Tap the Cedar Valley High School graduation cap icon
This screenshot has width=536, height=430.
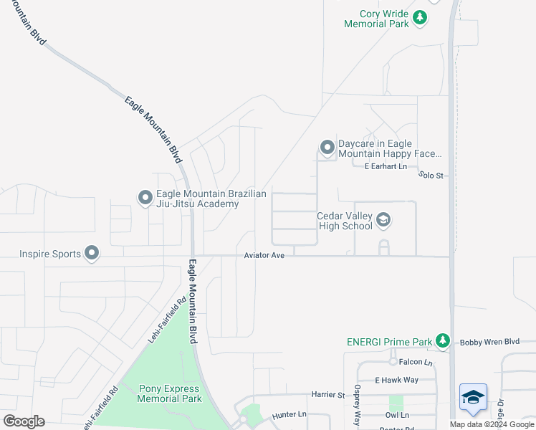pyautogui.click(x=383, y=220)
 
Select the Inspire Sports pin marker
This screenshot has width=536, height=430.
pyautogui.click(x=92, y=253)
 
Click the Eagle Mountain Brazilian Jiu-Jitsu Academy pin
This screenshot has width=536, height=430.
pyautogui.click(x=145, y=196)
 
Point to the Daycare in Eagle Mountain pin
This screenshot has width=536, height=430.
pyautogui.click(x=327, y=148)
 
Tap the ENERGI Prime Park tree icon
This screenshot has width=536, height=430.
pyautogui.click(x=444, y=340)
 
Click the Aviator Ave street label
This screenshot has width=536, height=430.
pyautogui.click(x=264, y=255)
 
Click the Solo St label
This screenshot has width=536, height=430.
pyautogui.click(x=432, y=175)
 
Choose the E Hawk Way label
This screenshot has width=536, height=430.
pyautogui.click(x=396, y=380)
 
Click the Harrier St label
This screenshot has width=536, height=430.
pyautogui.click(x=328, y=394)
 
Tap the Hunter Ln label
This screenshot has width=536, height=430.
pyautogui.click(x=289, y=415)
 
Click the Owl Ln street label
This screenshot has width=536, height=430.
pyautogui.click(x=396, y=415)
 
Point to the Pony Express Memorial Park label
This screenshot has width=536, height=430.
pyautogui.click(x=169, y=393)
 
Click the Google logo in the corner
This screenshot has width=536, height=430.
pyautogui.click(x=24, y=421)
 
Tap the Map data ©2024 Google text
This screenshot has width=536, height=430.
pyautogui.click(x=492, y=424)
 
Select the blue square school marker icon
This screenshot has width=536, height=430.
pyautogui.click(x=473, y=398)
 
